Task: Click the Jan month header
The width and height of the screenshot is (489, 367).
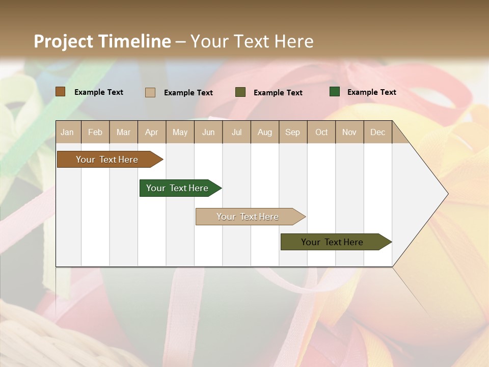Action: [x=67, y=132]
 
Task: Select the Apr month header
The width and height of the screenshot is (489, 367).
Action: [x=151, y=132]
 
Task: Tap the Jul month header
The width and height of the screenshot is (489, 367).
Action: [x=236, y=132]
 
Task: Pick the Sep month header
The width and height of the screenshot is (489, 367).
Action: [x=292, y=132]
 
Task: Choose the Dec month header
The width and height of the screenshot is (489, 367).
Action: [x=377, y=132]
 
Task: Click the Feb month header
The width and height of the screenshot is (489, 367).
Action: [x=95, y=132]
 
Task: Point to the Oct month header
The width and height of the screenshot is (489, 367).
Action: [x=321, y=132]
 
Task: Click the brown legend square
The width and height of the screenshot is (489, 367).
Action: [x=60, y=92]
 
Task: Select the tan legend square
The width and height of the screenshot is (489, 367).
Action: [x=150, y=92]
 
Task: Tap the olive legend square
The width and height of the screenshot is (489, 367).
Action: [x=240, y=92]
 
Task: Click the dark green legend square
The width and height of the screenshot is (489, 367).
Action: [x=335, y=92]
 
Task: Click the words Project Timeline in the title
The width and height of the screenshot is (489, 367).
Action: [x=102, y=41]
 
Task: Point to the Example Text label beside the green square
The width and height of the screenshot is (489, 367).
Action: [x=371, y=92]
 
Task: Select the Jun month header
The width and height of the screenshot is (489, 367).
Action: [x=208, y=132]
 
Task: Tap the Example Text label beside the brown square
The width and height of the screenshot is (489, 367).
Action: [x=99, y=92]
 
